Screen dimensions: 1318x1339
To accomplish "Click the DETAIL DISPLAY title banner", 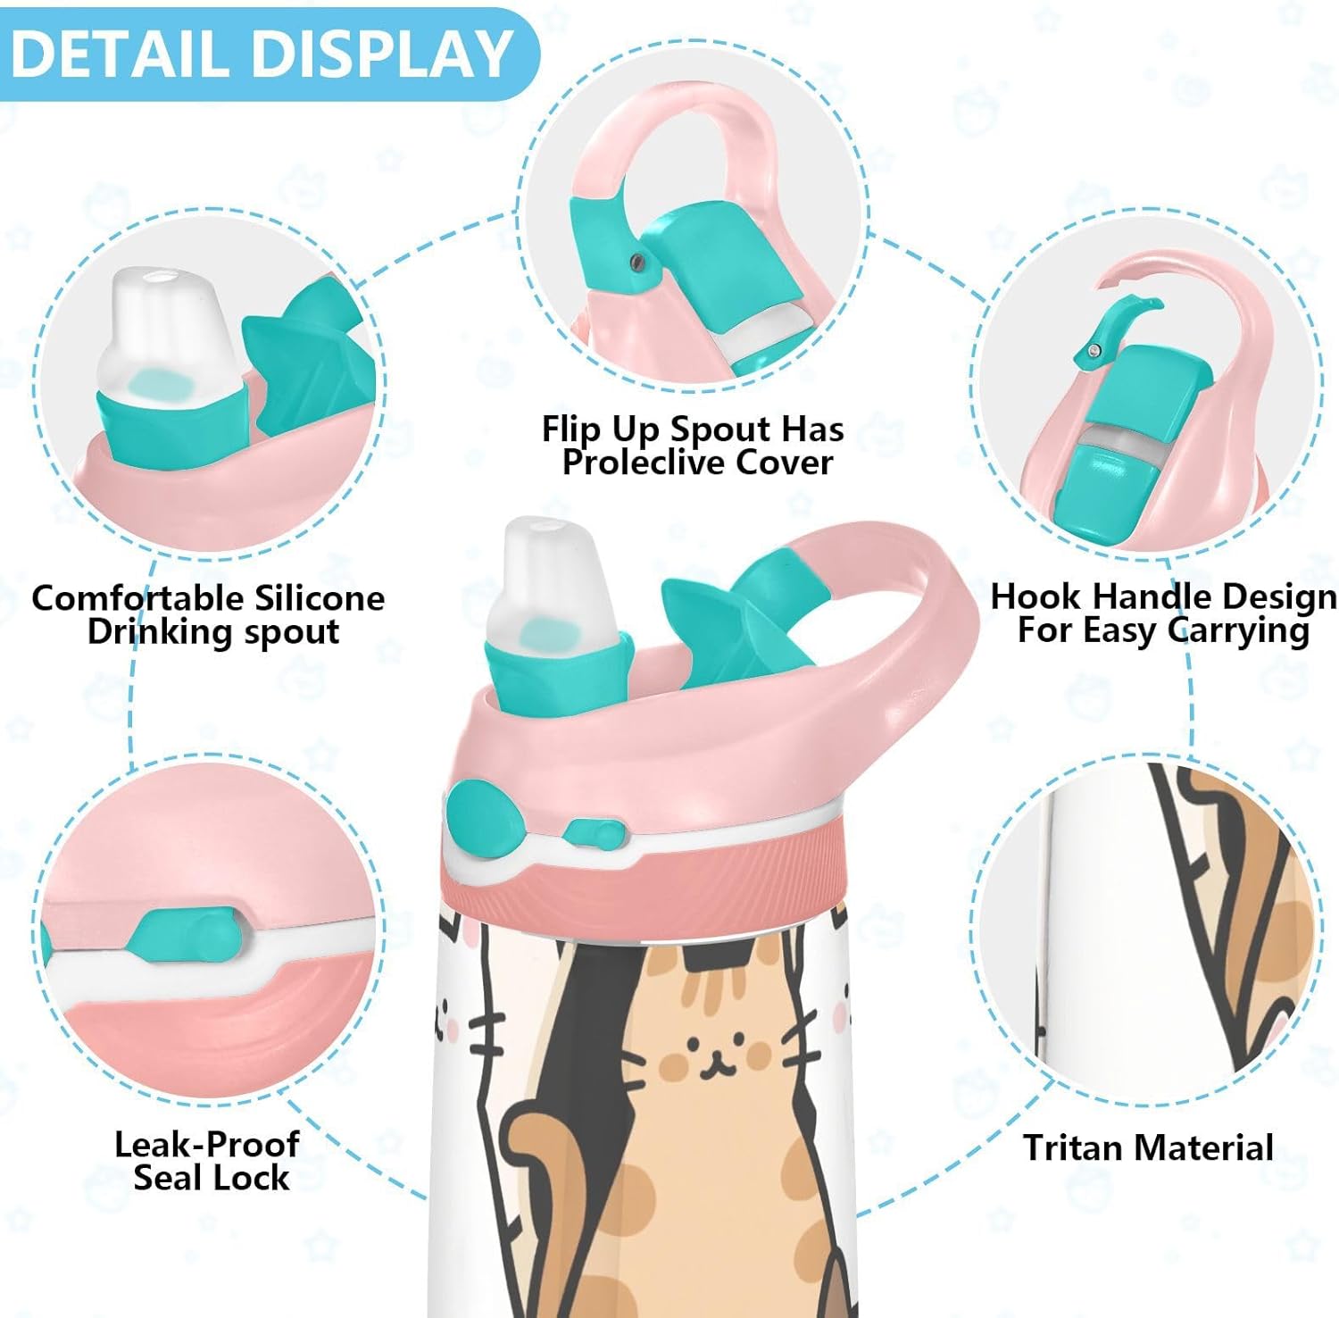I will click(x=263, y=54).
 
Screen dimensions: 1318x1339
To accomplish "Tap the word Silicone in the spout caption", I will click(x=319, y=598).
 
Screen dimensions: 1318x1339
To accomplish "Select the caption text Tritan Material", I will click(x=1148, y=1147).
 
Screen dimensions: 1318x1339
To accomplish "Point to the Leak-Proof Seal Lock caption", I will click(x=207, y=1161).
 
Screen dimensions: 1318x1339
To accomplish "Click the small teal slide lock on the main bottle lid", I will click(x=594, y=834).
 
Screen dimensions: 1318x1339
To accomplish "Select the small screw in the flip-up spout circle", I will click(x=636, y=261).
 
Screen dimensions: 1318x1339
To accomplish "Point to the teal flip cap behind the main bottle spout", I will click(x=732, y=616).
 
